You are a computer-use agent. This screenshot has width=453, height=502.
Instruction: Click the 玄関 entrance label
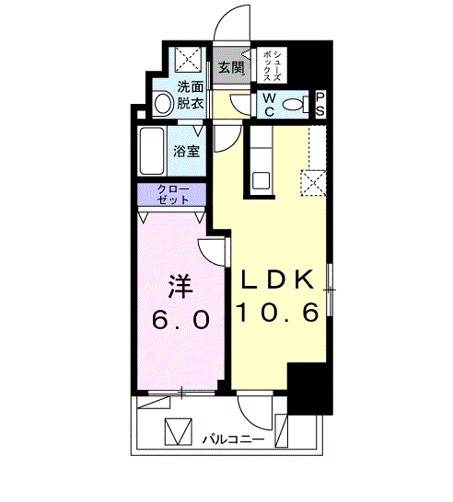point(231,68)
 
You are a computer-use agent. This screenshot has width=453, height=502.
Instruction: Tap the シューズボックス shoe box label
point(273,65)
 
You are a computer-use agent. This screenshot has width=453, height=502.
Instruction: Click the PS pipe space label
point(320,105)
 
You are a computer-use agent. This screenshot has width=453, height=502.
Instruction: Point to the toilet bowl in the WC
point(296,105)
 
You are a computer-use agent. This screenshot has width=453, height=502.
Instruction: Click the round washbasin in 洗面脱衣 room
point(163,104)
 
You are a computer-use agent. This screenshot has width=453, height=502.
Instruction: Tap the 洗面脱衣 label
point(191,95)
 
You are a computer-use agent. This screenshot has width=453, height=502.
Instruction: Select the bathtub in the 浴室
point(152,151)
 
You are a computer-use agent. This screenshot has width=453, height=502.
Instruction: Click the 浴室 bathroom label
point(187,151)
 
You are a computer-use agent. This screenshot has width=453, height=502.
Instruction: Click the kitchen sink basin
point(261,180)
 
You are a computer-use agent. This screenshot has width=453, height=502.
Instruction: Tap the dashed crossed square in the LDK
point(314,182)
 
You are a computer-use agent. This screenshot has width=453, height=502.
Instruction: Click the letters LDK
point(277,280)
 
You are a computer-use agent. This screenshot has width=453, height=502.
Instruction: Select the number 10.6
point(278,313)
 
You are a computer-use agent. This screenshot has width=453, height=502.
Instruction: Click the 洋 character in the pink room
point(180,286)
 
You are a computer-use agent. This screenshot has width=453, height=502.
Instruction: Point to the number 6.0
point(180,320)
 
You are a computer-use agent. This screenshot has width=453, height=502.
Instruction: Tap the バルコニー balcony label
point(233,439)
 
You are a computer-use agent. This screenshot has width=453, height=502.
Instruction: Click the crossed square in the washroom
point(188,60)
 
